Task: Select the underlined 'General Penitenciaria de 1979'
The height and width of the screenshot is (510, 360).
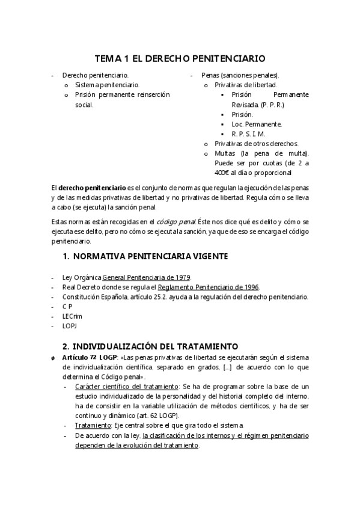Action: click(x=146, y=277)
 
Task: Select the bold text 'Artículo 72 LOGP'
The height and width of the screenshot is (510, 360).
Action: click(x=88, y=357)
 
